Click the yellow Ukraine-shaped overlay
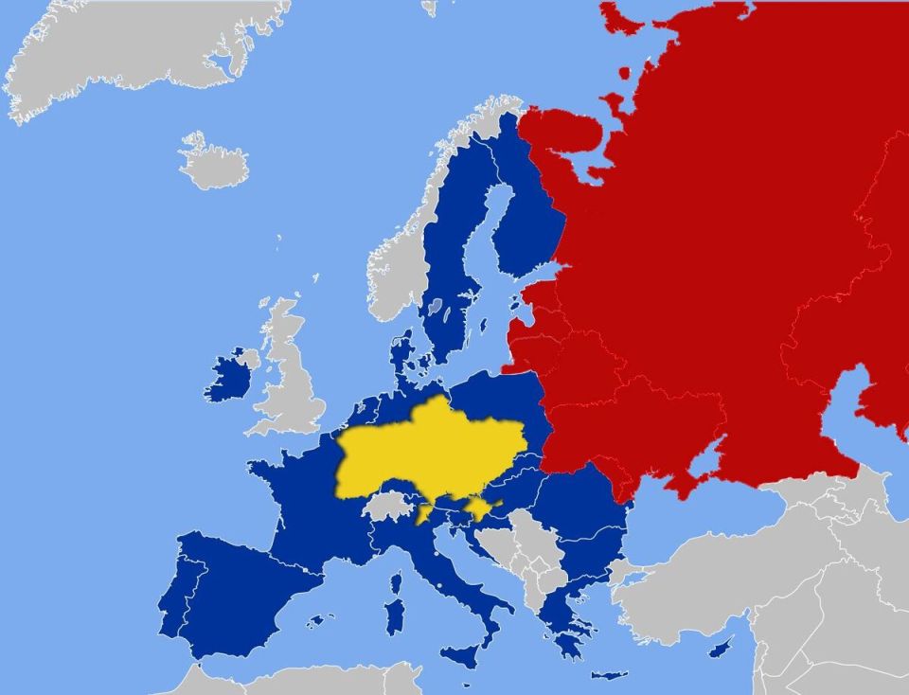click(x=426, y=450)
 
